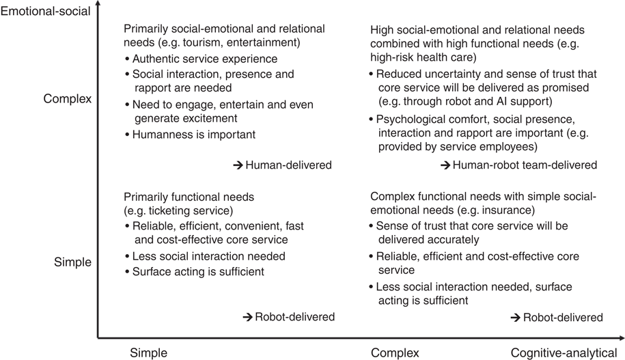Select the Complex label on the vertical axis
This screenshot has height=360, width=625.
[x=68, y=98]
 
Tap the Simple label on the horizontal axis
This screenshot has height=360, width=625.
[x=149, y=353]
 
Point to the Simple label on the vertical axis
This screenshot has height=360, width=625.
[x=72, y=261]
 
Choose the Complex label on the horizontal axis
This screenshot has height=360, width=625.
[x=395, y=353]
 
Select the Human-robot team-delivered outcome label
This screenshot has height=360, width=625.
[x=525, y=165]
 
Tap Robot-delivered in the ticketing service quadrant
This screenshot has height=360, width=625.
[x=295, y=317]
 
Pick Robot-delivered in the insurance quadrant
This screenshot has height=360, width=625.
[x=563, y=318]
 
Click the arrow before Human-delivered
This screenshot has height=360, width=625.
[x=237, y=165]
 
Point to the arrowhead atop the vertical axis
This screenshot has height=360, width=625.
[x=98, y=6]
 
